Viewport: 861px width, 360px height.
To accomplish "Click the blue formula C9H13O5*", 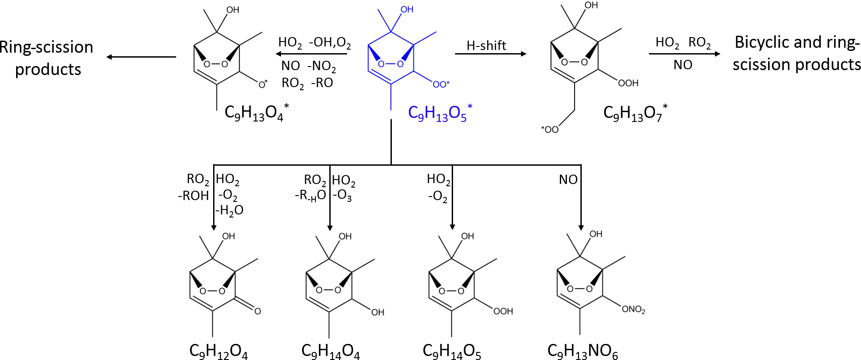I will click(x=440, y=113).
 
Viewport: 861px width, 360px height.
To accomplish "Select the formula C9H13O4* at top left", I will click(x=256, y=113).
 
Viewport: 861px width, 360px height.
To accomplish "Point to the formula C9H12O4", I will click(x=218, y=351).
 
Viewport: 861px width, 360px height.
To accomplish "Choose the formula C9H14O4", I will click(x=330, y=351).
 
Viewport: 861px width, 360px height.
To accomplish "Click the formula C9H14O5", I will click(x=452, y=351).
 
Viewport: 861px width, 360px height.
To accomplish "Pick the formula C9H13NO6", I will click(x=583, y=351).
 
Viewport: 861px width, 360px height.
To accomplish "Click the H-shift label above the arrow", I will click(x=486, y=46).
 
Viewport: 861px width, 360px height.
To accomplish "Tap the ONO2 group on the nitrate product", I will click(x=633, y=309).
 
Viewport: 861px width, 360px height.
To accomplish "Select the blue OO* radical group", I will click(x=441, y=84).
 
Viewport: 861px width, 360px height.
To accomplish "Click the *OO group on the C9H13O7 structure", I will click(x=550, y=130).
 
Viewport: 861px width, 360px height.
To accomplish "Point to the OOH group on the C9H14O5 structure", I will click(x=503, y=311).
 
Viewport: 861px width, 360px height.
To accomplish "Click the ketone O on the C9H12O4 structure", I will click(x=257, y=311).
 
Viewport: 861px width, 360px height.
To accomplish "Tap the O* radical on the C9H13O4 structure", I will click(x=263, y=84).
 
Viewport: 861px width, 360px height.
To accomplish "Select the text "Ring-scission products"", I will click(x=47, y=58).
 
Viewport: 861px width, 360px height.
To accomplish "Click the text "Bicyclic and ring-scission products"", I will click(x=797, y=54).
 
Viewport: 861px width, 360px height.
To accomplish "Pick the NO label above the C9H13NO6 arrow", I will click(x=568, y=180).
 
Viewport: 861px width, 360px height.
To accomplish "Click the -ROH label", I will click(x=193, y=196).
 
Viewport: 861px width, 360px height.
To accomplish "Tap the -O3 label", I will click(x=342, y=195).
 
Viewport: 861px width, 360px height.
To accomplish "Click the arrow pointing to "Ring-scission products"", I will click(x=141, y=57).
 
